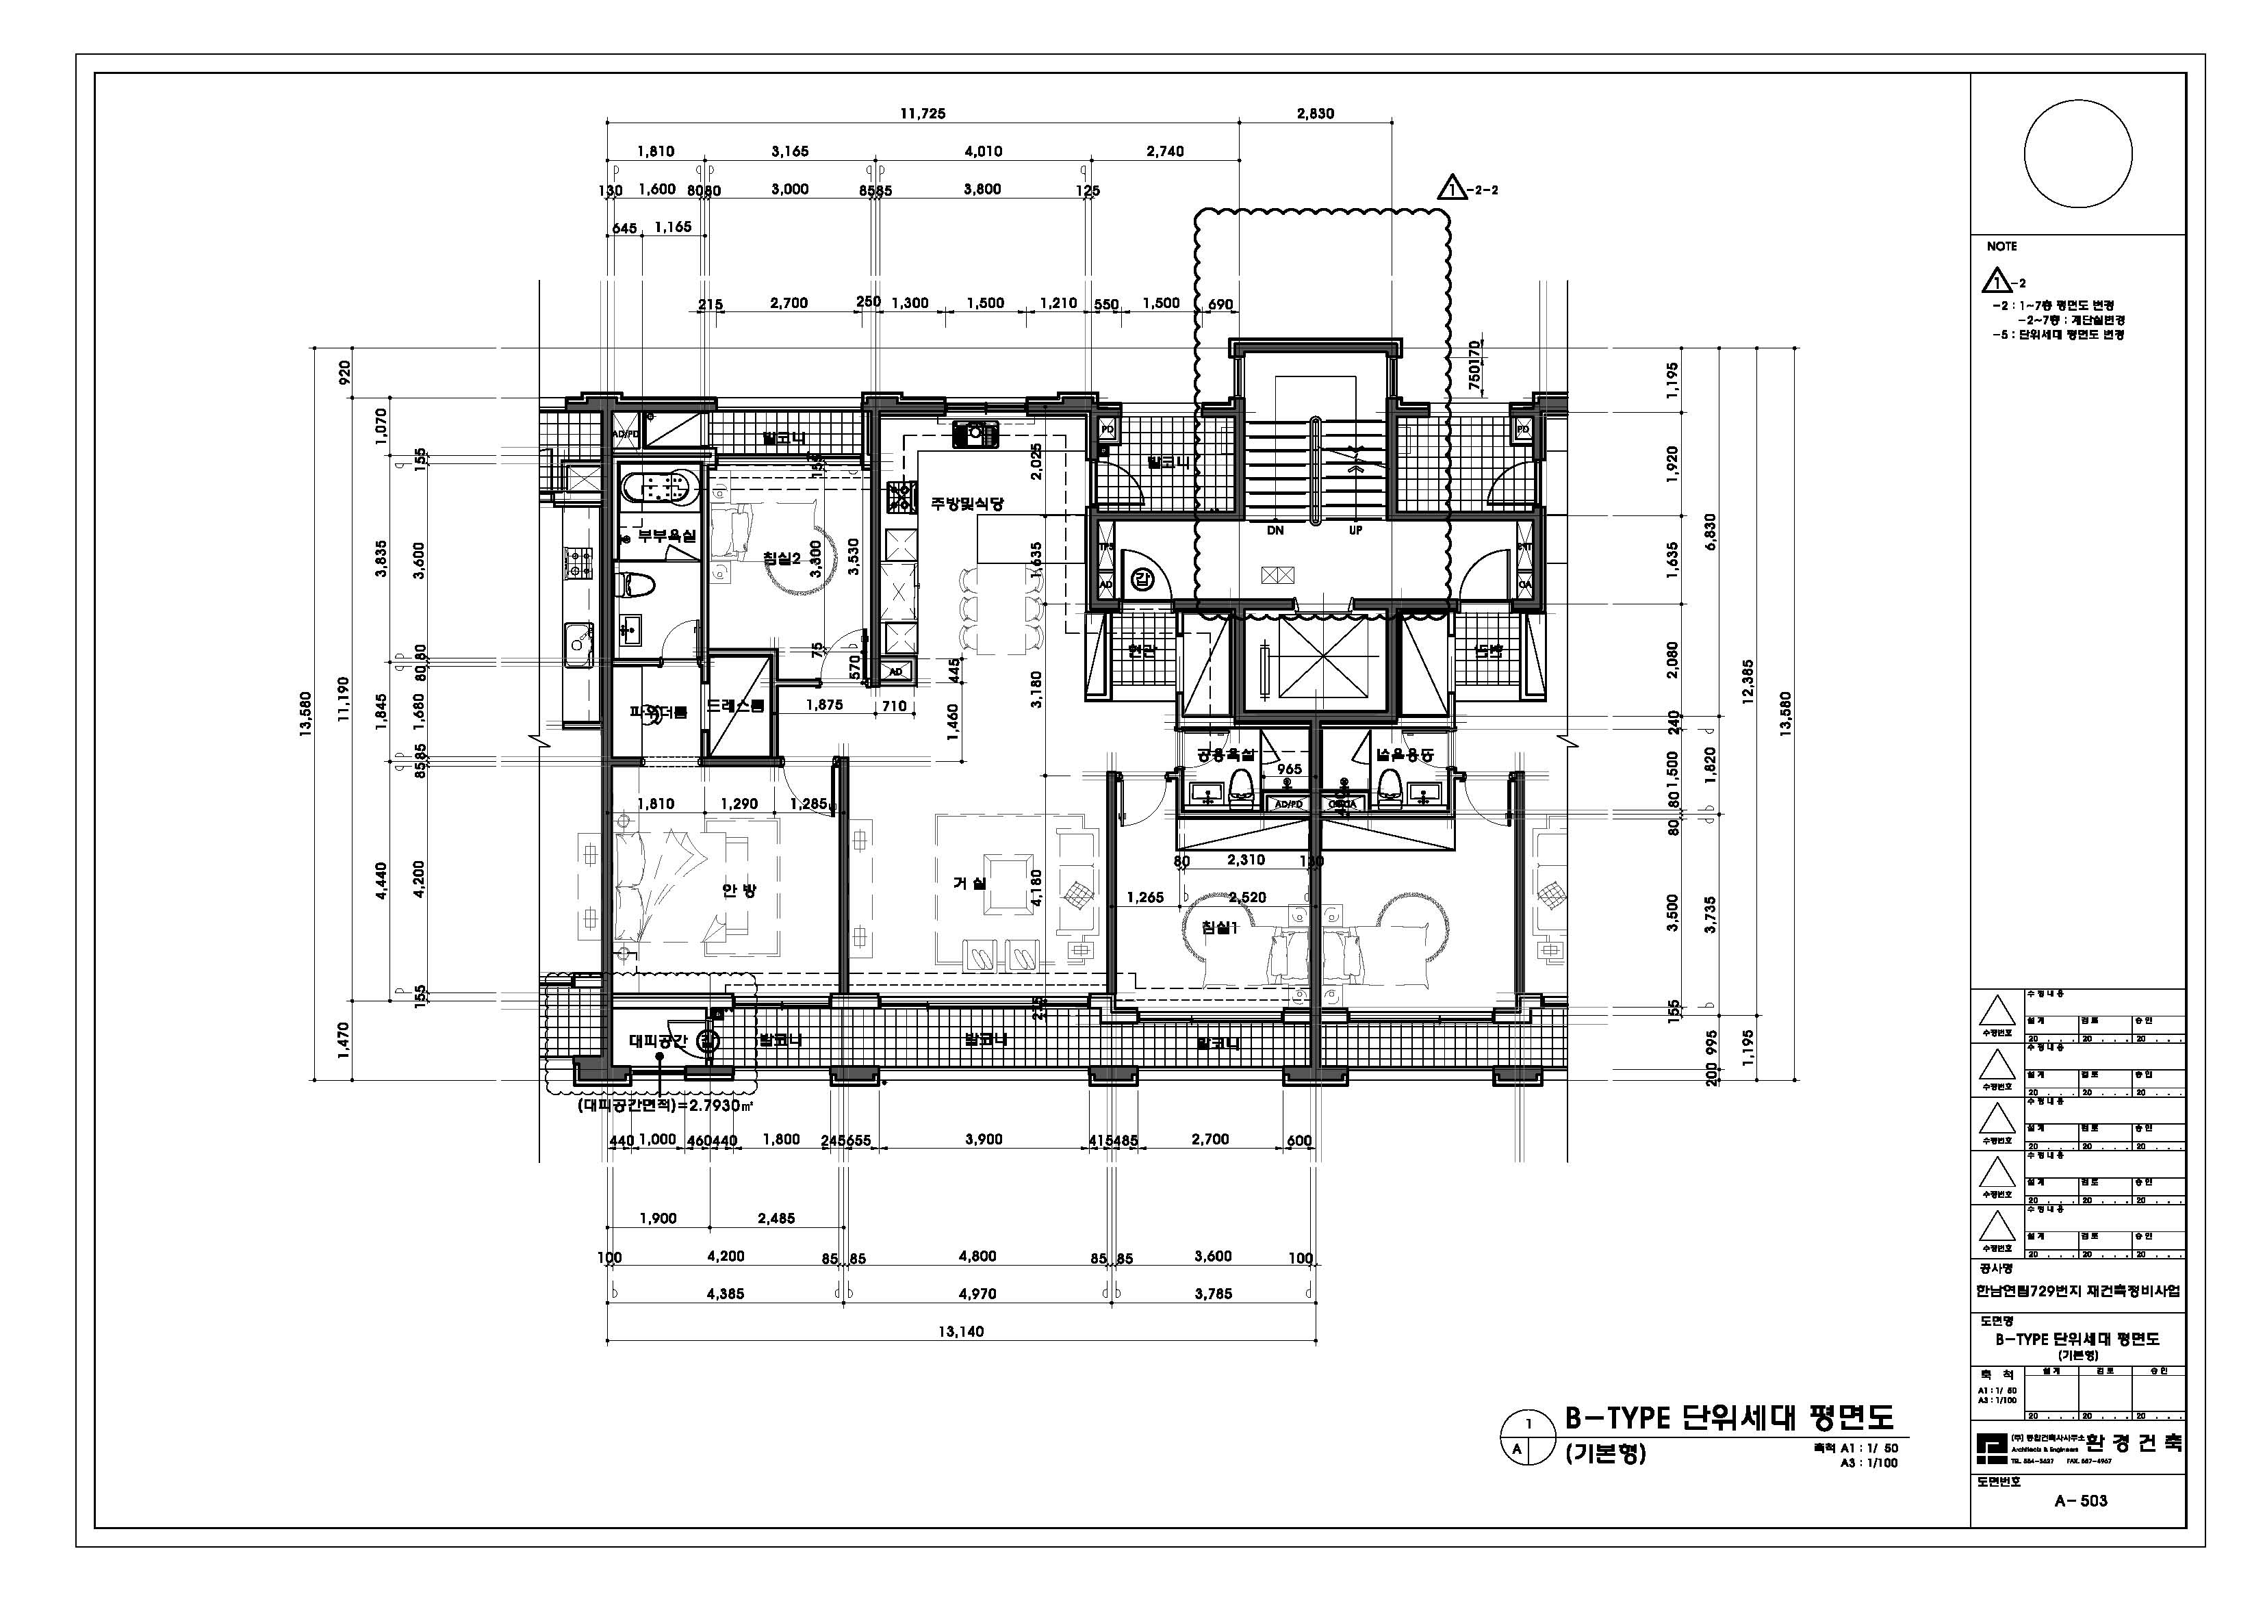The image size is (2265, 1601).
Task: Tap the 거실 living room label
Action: [969, 884]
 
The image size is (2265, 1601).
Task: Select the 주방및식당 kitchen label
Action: [967, 503]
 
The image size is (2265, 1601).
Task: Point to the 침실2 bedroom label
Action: [780, 557]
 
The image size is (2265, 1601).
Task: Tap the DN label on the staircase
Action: [1275, 530]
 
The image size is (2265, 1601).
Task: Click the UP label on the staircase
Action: [1355, 530]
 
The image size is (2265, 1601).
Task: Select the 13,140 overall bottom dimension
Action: [960, 1331]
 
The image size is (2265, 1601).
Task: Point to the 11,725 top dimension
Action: [923, 114]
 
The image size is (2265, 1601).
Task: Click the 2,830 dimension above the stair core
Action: [1315, 114]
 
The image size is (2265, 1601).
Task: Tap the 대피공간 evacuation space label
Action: [658, 1040]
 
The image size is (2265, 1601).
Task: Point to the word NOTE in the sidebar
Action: [2001, 246]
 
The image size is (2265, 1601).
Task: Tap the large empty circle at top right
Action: [2077, 154]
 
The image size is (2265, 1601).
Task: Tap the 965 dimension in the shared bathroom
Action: [1290, 769]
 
